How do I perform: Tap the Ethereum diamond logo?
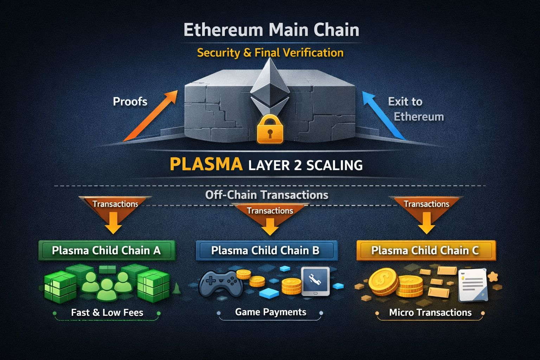pos(270,84)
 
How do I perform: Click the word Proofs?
pos(130,102)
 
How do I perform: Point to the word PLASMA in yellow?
pos(206,164)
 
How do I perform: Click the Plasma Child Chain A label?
pos(106,250)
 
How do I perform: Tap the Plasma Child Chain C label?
pos(425,250)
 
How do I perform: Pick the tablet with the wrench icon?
pos(315,281)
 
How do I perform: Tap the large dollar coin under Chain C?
pos(384,281)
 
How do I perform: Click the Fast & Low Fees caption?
pos(107,313)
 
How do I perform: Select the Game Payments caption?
pos(270,312)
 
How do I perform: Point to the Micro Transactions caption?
pos(430,313)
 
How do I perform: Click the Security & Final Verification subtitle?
pos(270,53)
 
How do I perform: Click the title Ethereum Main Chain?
pos(271,30)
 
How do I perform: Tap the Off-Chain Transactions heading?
pos(266,195)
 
